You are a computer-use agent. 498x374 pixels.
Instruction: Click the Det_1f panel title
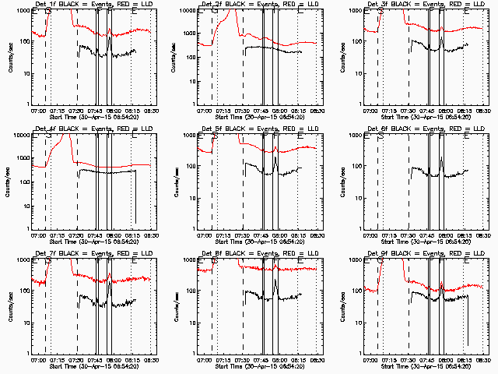click(x=93, y=4)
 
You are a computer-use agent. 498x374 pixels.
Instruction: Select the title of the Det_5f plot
click(x=258, y=129)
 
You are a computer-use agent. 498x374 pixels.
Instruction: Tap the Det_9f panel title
click(x=424, y=253)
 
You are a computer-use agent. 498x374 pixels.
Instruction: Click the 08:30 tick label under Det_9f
click(x=482, y=361)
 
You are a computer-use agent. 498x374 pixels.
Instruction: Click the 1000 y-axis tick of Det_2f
click(x=190, y=11)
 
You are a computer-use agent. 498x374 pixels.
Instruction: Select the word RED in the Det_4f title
click(x=127, y=129)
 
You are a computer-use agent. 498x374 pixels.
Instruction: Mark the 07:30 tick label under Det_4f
click(x=75, y=236)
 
